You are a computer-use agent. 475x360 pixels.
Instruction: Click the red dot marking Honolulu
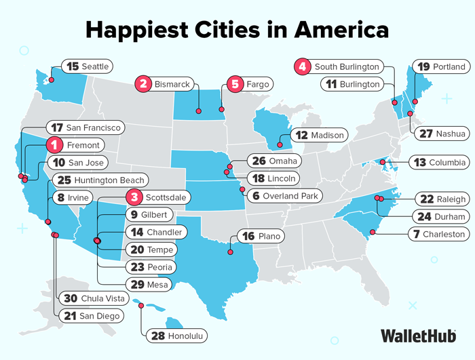(141, 306)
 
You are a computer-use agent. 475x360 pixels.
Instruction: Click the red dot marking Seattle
(50, 80)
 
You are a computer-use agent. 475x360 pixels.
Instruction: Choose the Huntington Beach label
(100, 180)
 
